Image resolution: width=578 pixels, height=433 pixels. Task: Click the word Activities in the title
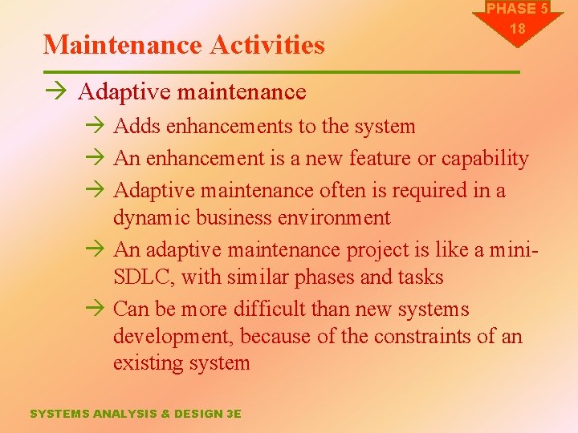coord(267,45)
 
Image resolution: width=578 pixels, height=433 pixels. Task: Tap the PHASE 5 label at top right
coord(518,9)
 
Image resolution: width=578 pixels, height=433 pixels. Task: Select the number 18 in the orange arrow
coord(518,29)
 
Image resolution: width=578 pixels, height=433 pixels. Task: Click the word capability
coord(483,159)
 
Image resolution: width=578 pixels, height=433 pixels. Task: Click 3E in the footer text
coord(233,414)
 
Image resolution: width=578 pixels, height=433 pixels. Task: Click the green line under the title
coord(281,72)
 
